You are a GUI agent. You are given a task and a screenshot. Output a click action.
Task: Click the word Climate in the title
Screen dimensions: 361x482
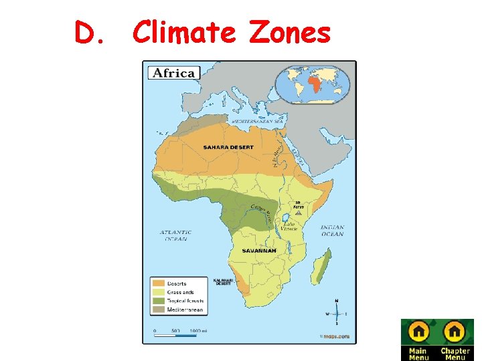184,32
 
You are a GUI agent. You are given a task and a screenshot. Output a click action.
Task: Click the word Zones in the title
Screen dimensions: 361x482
290,32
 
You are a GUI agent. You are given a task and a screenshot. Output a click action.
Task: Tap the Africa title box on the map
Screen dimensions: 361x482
173,73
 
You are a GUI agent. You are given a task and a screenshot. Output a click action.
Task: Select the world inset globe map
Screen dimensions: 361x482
312,84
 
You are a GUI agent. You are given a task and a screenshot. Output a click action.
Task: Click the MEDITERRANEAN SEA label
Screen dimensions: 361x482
258,121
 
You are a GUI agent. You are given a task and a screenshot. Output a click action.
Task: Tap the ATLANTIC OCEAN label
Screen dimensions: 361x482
175,235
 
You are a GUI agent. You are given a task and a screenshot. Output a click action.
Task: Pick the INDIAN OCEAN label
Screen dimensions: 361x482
332,231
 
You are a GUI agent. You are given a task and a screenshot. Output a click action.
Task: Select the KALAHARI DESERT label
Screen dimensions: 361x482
222,282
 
